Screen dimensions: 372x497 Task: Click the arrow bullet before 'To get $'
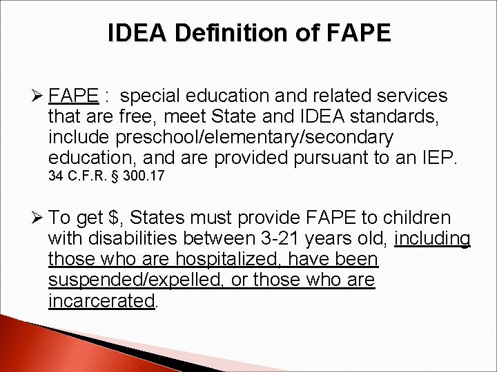39,219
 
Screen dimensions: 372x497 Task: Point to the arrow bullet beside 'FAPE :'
39,96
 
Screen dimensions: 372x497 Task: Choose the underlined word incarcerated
101,301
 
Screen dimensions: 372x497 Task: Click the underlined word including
433,240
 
